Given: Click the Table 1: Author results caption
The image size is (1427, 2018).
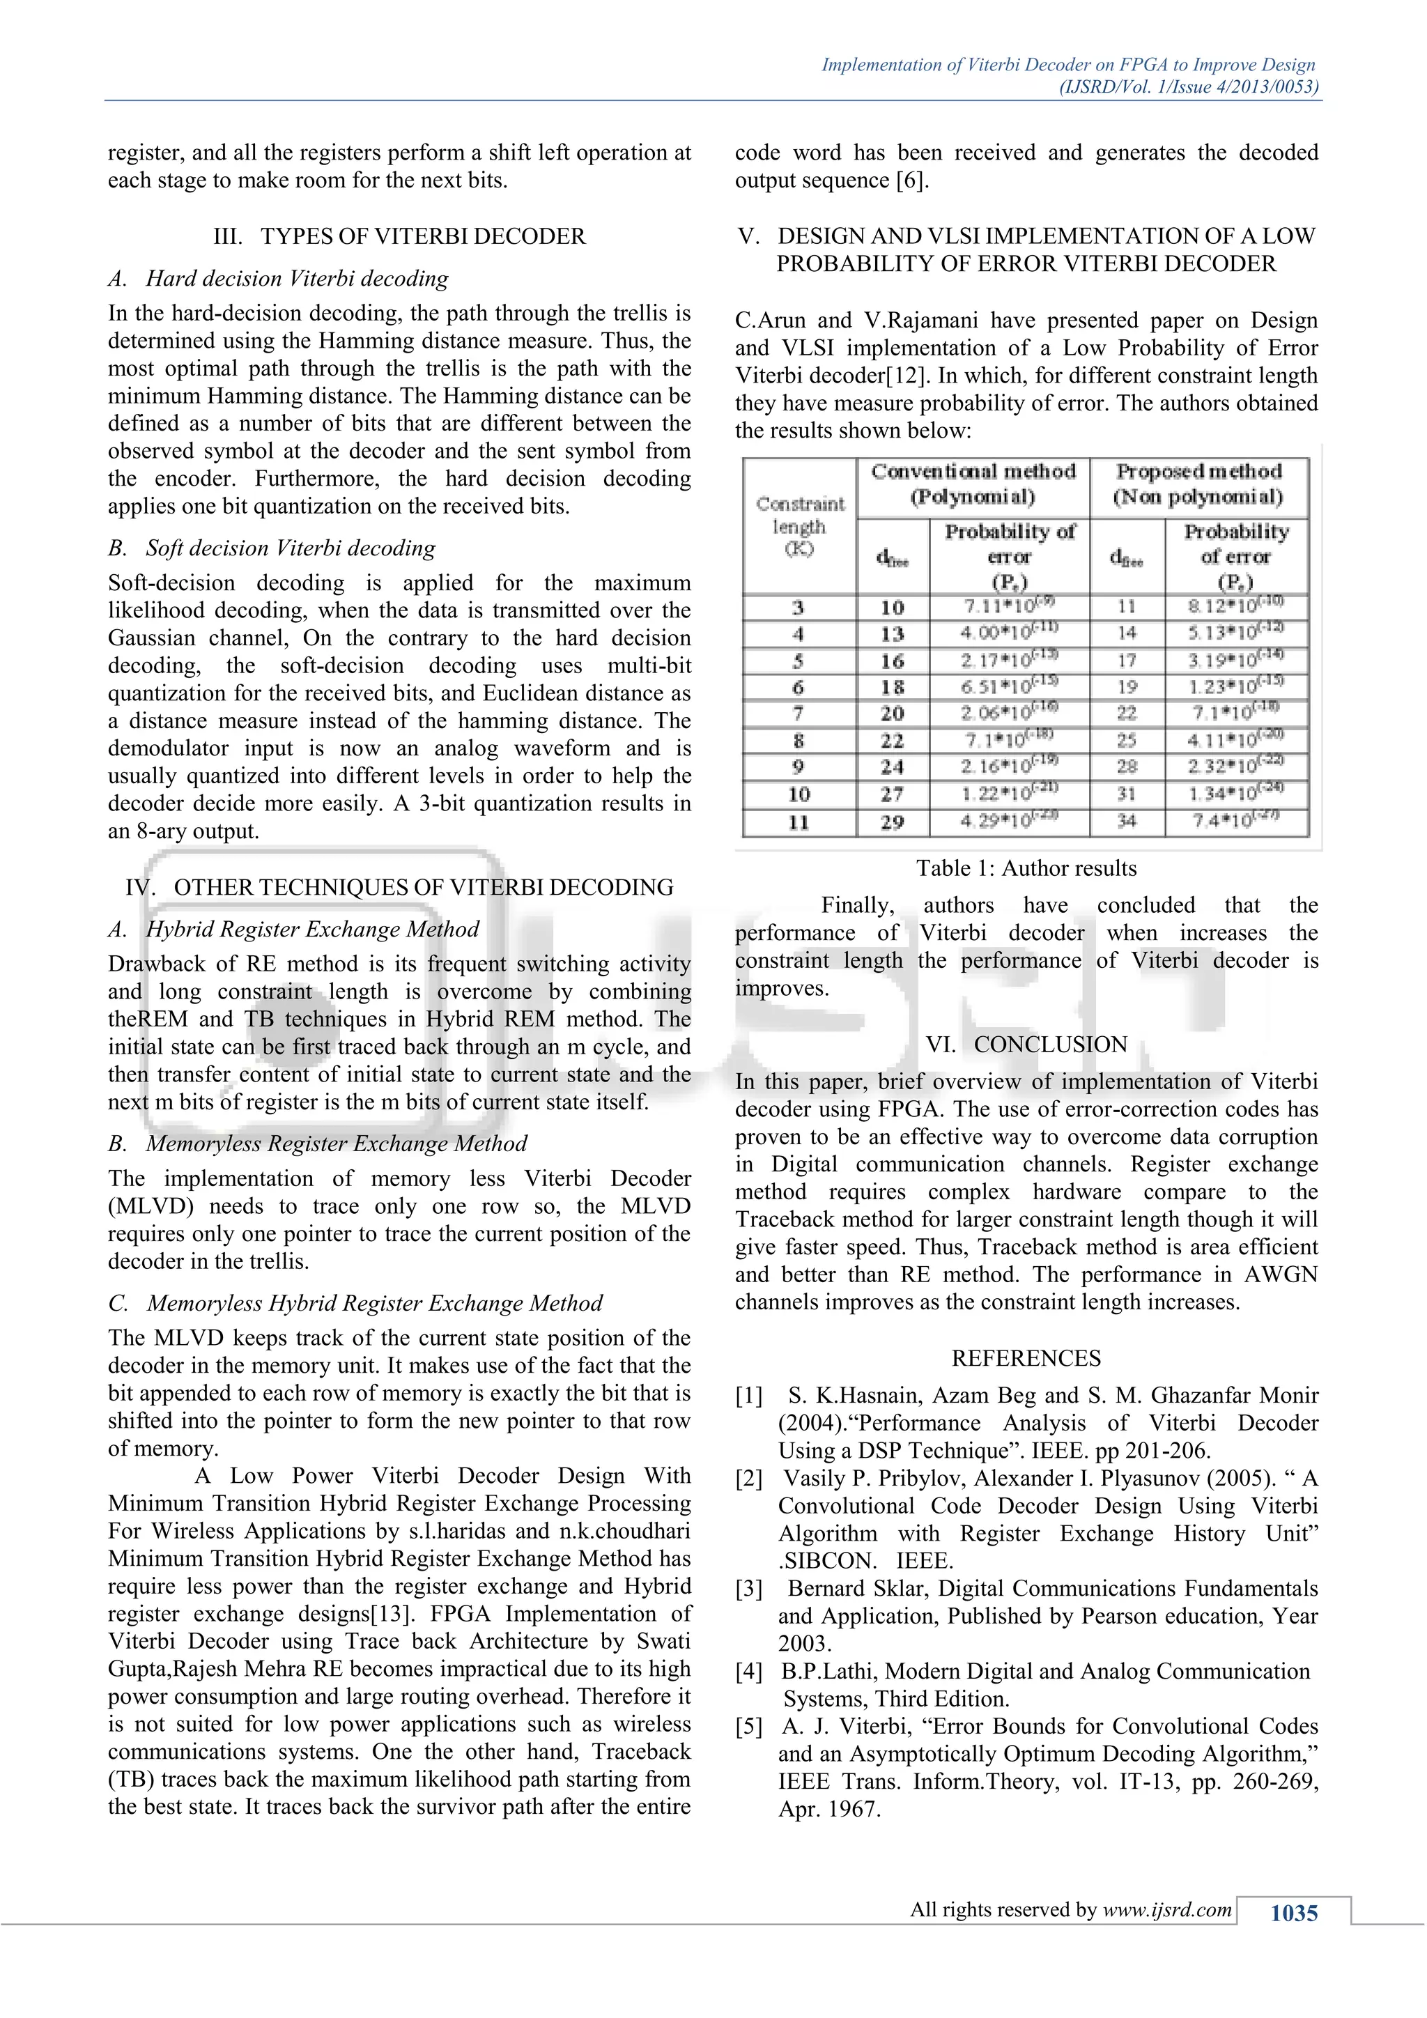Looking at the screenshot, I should point(1026,868).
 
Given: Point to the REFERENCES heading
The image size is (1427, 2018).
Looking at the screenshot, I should point(1026,1358).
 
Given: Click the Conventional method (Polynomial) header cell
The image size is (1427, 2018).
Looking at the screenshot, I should point(973,484).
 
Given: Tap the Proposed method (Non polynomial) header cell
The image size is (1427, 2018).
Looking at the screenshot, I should point(1198,484).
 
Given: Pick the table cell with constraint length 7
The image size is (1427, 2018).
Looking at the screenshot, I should point(798,713).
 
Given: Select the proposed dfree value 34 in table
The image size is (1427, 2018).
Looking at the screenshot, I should point(1127,822).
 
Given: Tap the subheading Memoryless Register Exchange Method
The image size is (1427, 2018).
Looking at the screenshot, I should point(336,1143).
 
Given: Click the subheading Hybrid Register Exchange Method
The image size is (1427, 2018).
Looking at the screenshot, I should point(312,929).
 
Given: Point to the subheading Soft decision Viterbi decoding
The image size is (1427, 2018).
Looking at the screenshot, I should point(290,548).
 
